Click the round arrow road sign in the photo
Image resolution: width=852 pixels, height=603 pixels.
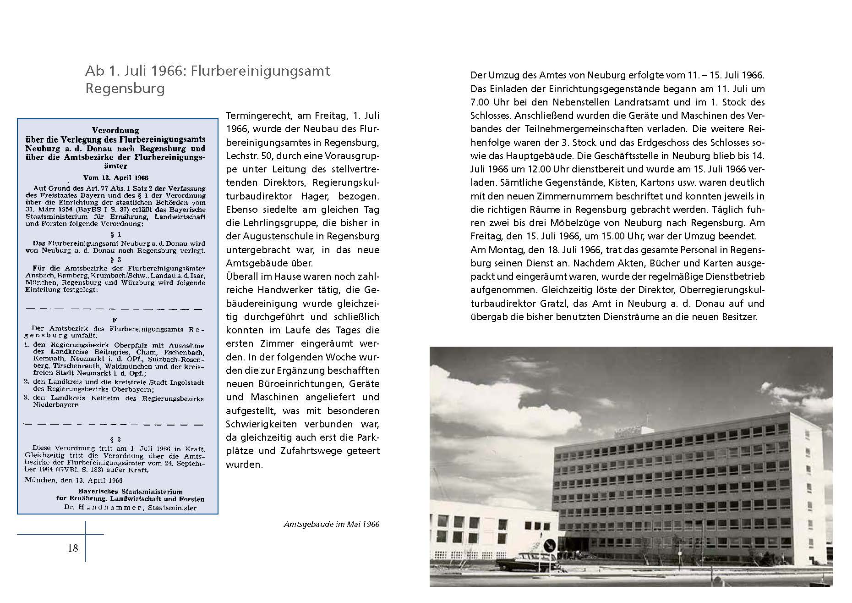550,545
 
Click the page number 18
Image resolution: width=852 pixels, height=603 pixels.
73,548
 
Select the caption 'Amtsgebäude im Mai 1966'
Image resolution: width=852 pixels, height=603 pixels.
331,524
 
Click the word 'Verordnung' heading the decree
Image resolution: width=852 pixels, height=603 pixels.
115,130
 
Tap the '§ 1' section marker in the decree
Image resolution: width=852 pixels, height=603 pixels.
120,234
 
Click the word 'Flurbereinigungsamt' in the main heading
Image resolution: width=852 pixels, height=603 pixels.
260,72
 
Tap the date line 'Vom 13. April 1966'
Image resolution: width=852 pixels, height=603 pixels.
116,177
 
